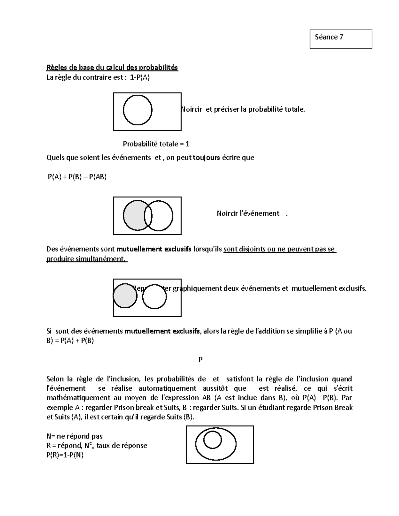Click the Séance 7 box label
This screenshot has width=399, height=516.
329,37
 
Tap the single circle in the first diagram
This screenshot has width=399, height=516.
137,110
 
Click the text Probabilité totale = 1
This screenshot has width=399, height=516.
156,144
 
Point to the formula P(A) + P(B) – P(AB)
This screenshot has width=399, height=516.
77,177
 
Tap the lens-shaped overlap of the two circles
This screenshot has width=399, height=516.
148,216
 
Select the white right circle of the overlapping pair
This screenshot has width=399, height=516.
163,216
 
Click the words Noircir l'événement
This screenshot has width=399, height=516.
248,213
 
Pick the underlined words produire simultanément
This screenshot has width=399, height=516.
86,259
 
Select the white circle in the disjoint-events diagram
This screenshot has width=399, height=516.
154,296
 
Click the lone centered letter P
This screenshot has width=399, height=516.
200,360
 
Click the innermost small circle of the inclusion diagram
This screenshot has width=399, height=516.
212,440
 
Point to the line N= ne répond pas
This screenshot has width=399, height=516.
74,436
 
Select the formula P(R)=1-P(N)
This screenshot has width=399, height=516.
65,455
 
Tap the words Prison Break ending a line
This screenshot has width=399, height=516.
332,407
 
